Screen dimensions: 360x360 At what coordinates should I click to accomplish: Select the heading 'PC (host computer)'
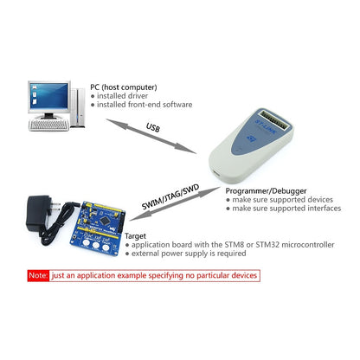click(125, 87)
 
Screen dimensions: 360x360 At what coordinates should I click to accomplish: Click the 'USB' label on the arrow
click(153, 129)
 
